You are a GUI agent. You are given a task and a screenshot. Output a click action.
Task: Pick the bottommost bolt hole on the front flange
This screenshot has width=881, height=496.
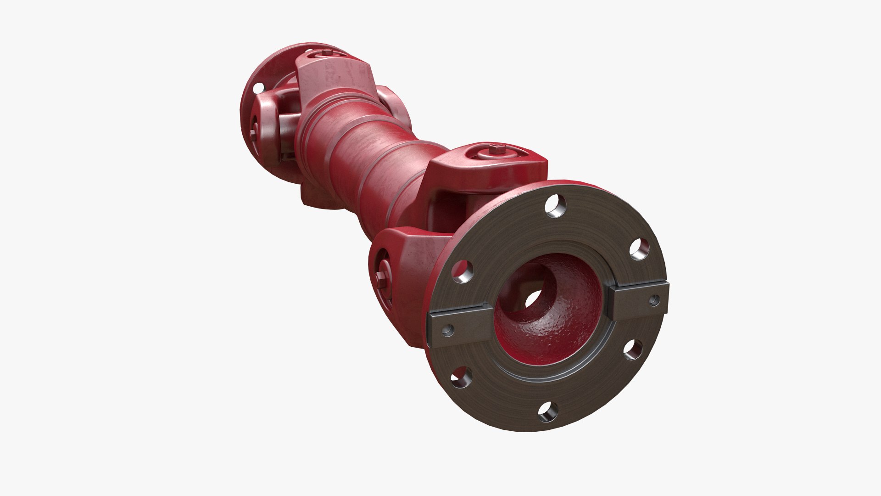[548, 413]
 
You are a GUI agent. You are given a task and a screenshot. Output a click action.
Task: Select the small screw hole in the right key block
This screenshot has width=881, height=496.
[653, 299]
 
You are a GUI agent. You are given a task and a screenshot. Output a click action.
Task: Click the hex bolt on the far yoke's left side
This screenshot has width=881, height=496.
[253, 133]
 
